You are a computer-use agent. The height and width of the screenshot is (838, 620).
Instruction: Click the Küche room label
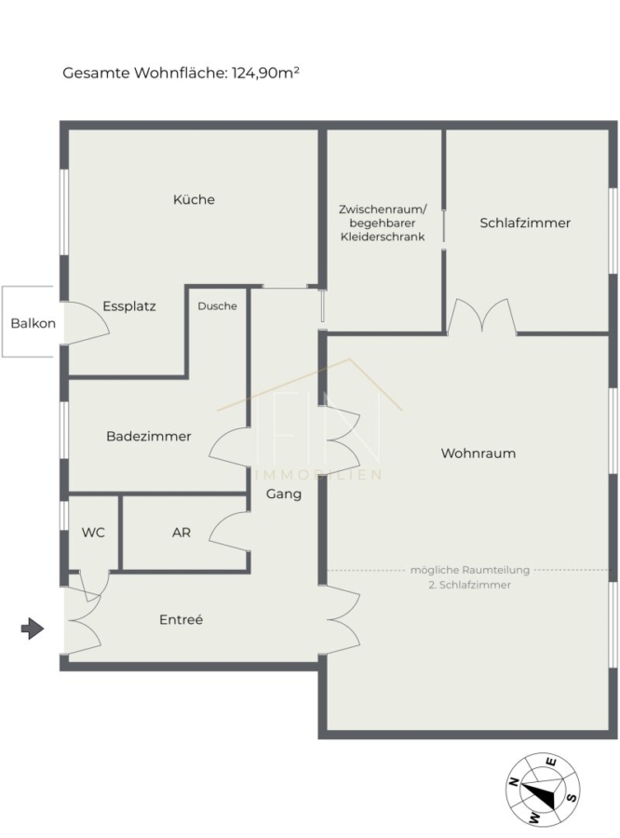[x=194, y=200]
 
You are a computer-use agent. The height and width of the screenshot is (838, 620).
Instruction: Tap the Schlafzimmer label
[x=525, y=223]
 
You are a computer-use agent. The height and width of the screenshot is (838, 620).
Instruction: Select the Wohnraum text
[x=478, y=453]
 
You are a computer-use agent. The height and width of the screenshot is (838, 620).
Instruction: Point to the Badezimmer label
[x=149, y=436]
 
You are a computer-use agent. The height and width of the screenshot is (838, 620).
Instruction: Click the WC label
[x=93, y=533]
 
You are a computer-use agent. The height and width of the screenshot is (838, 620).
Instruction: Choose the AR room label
[x=182, y=533]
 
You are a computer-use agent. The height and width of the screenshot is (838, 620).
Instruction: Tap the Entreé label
[x=181, y=619]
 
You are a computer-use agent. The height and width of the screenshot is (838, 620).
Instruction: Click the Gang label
[x=284, y=494]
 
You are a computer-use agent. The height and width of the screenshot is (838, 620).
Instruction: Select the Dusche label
[x=217, y=306]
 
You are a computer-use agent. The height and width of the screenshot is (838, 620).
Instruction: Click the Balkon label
[x=34, y=323]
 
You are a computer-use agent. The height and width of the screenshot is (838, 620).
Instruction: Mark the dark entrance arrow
[x=32, y=628]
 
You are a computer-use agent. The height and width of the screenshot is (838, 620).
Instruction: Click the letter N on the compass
[x=514, y=781]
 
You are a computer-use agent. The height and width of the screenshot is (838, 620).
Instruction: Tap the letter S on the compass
[x=571, y=797]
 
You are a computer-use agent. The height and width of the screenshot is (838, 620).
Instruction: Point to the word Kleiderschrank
[x=383, y=237]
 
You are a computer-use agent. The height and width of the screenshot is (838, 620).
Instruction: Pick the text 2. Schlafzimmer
[x=470, y=585]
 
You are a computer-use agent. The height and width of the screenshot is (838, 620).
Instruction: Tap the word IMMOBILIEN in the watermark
[x=319, y=475]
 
